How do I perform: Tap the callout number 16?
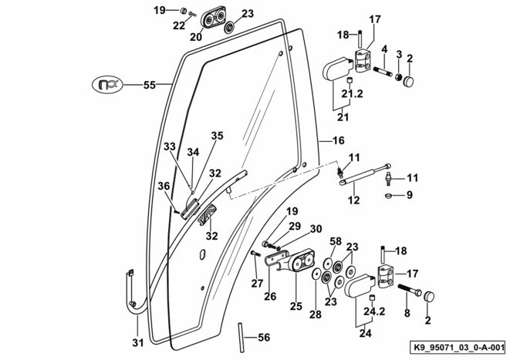[x=337, y=141]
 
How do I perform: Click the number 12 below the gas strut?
[x=353, y=200]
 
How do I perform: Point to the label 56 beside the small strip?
[x=263, y=337]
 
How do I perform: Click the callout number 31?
[x=137, y=343]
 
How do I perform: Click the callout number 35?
[x=218, y=136]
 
